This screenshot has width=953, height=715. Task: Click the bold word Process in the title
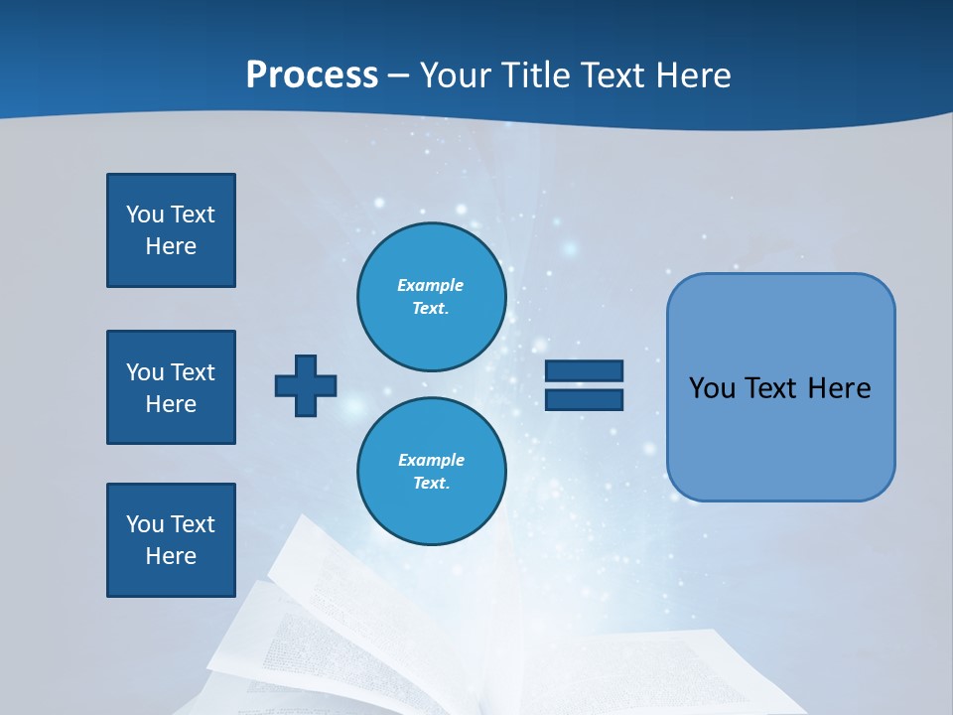click(x=312, y=75)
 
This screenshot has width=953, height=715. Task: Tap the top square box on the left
click(x=171, y=230)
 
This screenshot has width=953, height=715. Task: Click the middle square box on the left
click(x=171, y=387)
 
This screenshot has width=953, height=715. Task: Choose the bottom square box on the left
click(x=171, y=540)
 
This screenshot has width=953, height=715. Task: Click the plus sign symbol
click(x=306, y=385)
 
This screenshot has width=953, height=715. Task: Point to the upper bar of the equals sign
click(x=585, y=371)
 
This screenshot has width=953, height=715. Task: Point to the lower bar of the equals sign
click(x=585, y=399)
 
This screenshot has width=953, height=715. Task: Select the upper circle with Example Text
click(x=431, y=296)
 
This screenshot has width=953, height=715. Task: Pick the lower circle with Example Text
click(x=431, y=471)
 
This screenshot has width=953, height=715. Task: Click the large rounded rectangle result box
click(x=780, y=387)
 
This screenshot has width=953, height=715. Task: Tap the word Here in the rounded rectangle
click(x=839, y=388)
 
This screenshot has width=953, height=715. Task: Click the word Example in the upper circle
click(x=431, y=285)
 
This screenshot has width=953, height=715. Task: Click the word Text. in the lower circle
click(x=431, y=484)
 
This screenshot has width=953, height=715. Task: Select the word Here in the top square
click(x=171, y=246)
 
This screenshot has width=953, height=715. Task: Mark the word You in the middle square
click(x=144, y=372)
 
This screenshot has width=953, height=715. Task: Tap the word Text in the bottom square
click(x=193, y=524)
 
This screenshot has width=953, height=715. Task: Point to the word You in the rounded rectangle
click(x=712, y=388)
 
